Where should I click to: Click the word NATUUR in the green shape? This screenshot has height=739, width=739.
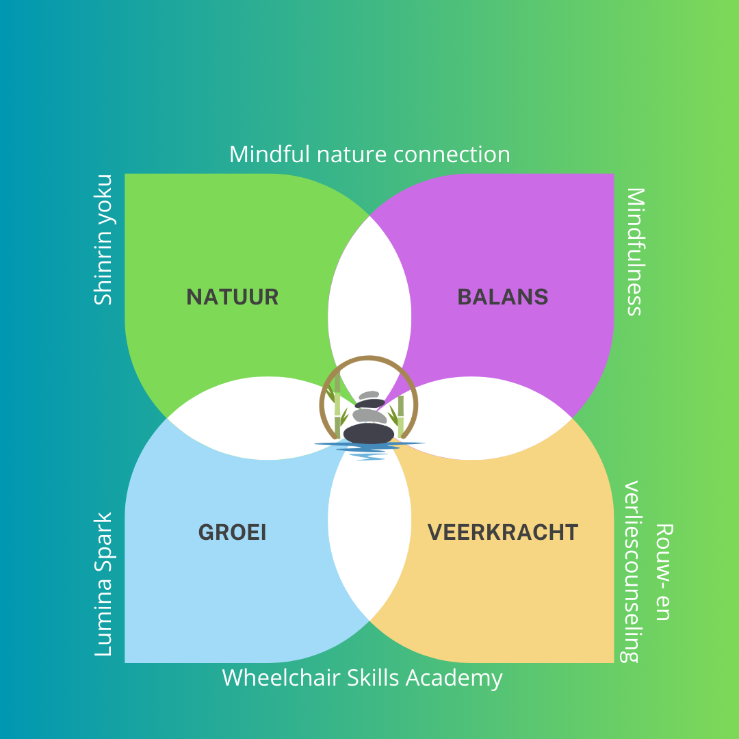233,297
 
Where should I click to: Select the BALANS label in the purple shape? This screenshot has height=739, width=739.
503,297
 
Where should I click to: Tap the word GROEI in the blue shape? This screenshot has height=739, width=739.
233,532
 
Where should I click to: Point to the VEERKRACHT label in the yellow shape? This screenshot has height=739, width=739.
503,532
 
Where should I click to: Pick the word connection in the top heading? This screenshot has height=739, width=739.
452,155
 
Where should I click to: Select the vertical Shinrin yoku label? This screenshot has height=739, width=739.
103,240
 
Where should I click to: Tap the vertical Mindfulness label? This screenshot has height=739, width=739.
635,252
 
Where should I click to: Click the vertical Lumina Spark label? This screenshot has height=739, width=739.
103,584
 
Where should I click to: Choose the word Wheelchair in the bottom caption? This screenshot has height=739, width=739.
281,677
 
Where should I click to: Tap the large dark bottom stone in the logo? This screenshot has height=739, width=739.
369,433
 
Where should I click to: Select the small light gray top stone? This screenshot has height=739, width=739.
369,395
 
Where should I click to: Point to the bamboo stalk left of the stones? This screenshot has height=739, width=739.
337,405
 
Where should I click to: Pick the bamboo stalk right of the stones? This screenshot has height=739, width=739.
401,417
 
